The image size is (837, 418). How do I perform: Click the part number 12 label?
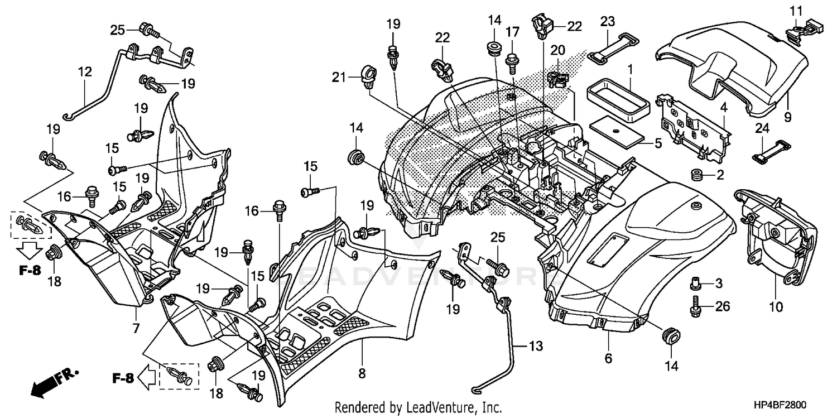click(x=84, y=71)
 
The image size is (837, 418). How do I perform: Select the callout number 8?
click(x=362, y=374)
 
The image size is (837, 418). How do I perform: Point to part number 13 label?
click(x=535, y=347)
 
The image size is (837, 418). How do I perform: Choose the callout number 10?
click(x=776, y=306)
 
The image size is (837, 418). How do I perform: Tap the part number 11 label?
click(x=795, y=10)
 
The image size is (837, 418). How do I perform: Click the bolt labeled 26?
click(x=695, y=306)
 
